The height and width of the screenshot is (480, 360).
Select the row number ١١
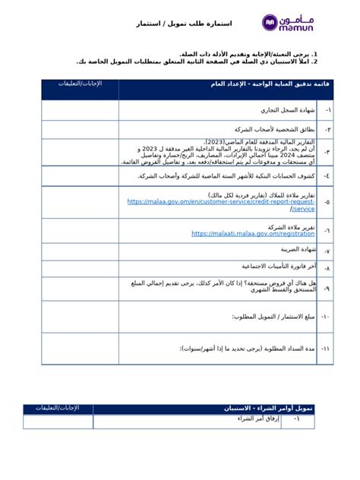(326, 349)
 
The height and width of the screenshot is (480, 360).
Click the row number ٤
(326, 175)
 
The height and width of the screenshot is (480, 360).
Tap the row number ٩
(326, 289)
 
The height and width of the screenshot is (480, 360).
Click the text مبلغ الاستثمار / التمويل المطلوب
(273, 316)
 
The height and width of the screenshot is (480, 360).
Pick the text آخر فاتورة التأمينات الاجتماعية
(274, 267)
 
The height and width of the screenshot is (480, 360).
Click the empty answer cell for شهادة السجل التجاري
(80, 110)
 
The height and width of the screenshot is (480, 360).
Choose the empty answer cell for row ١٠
(80, 316)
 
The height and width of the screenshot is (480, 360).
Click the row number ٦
(326, 230)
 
